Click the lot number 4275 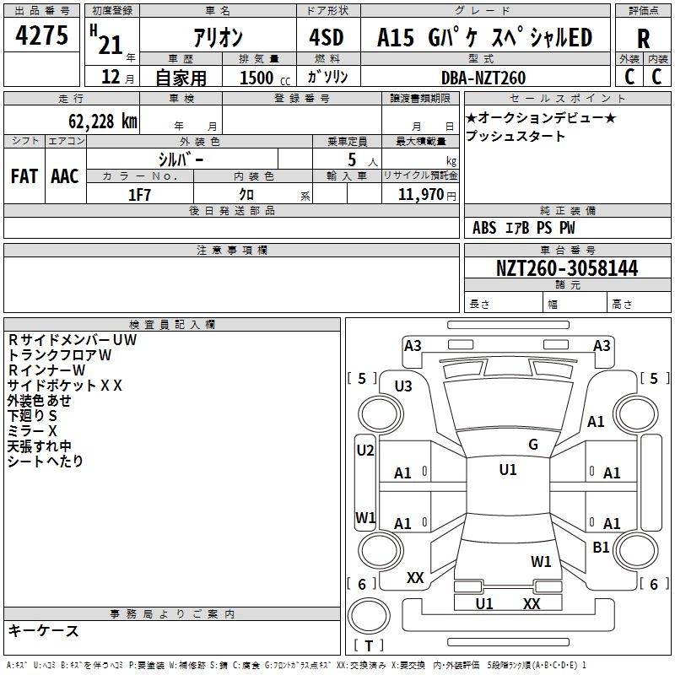[x=42, y=36]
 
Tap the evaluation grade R [x=643, y=38]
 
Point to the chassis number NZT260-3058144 [x=567, y=268]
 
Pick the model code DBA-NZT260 [x=483, y=78]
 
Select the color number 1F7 [x=139, y=195]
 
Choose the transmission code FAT [x=24, y=176]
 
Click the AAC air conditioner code [x=64, y=176]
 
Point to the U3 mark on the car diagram [x=403, y=386]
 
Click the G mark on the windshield [x=533, y=444]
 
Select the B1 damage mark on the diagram [x=601, y=547]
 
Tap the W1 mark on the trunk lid [x=541, y=561]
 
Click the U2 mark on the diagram [x=365, y=450]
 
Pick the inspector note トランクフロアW [x=60, y=355]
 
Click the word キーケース [x=43, y=630]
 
